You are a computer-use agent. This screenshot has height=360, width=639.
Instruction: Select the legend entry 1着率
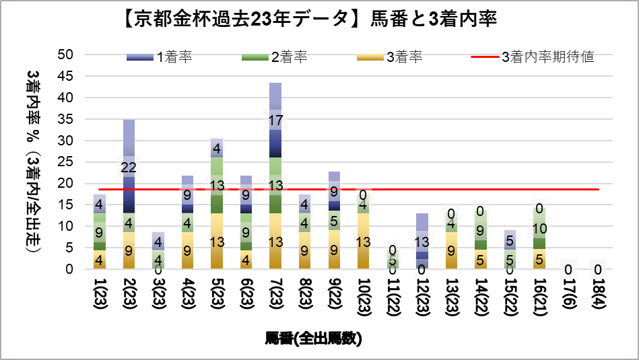pyautogui.click(x=160, y=57)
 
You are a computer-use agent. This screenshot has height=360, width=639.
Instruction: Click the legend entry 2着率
pyautogui.click(x=275, y=57)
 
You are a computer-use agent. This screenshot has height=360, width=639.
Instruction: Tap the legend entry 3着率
pyautogui.click(x=389, y=57)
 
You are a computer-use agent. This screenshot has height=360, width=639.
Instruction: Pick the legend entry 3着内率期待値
pyautogui.click(x=532, y=57)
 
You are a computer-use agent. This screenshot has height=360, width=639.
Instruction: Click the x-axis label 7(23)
pyautogui.click(x=275, y=295)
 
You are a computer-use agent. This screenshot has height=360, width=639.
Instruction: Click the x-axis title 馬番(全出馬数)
pyautogui.click(x=313, y=338)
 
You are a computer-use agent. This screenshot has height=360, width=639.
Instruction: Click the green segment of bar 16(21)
pyautogui.click(x=539, y=232)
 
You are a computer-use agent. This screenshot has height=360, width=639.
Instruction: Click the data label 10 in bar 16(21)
pyautogui.click(x=539, y=229)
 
